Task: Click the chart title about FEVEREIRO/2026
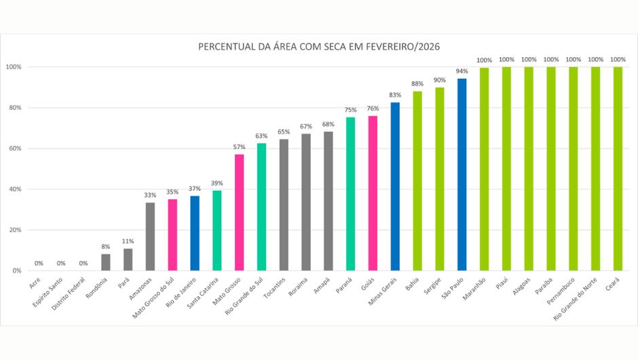pos(318,47)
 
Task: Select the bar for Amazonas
pos(150,236)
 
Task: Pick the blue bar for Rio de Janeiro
pos(195,233)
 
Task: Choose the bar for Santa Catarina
pos(217,231)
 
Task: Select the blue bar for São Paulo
pos(462,175)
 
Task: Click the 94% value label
pos(462,71)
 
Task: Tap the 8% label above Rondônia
pos(106,247)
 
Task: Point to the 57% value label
pos(239,147)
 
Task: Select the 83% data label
pos(395,94)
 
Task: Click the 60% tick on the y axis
pos(14,149)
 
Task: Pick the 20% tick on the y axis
pos(14,230)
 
